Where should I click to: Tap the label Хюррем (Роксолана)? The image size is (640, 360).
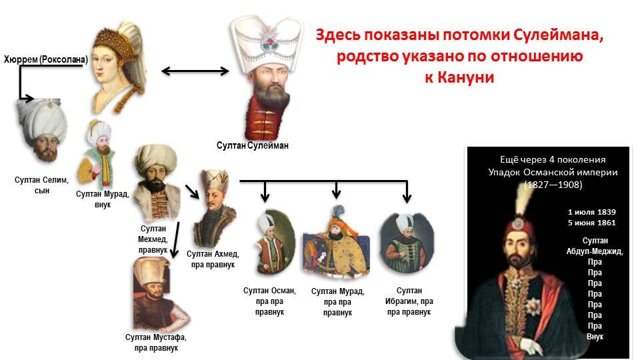45,60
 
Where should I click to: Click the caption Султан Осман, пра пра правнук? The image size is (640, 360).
269,301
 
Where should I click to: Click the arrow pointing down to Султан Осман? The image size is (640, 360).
265,192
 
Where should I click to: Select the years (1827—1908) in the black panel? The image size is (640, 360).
553,184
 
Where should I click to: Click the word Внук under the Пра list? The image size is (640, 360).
594,337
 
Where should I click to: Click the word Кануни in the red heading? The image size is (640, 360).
467,77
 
